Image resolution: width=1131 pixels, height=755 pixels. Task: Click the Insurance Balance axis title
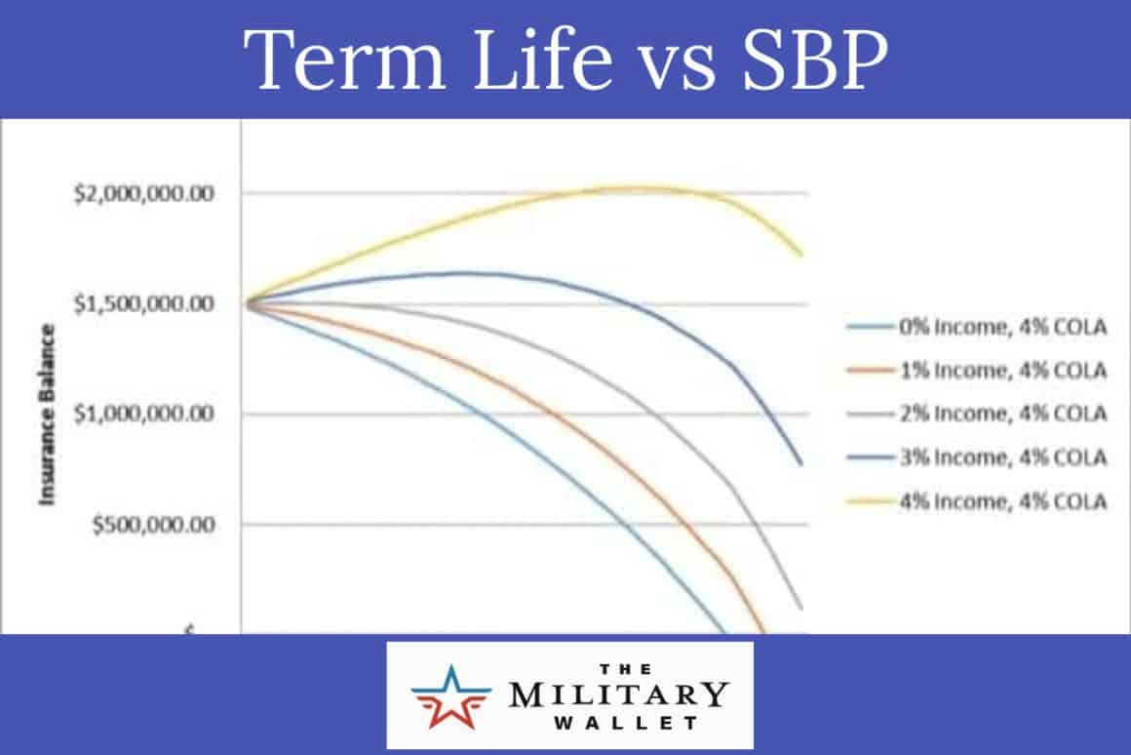point(46,415)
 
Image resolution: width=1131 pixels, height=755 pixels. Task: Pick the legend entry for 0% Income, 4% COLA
point(1001,327)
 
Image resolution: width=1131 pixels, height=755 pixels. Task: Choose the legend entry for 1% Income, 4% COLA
point(1001,371)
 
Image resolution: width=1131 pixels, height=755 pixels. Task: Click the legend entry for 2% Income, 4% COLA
point(1001,414)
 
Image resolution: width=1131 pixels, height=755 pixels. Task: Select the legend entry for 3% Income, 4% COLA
point(1001,457)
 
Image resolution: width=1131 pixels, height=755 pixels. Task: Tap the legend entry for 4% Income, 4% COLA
point(1001,501)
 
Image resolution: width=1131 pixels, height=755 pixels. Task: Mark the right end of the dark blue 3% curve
point(801,464)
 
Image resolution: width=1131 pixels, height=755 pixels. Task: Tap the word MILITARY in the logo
point(618,695)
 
